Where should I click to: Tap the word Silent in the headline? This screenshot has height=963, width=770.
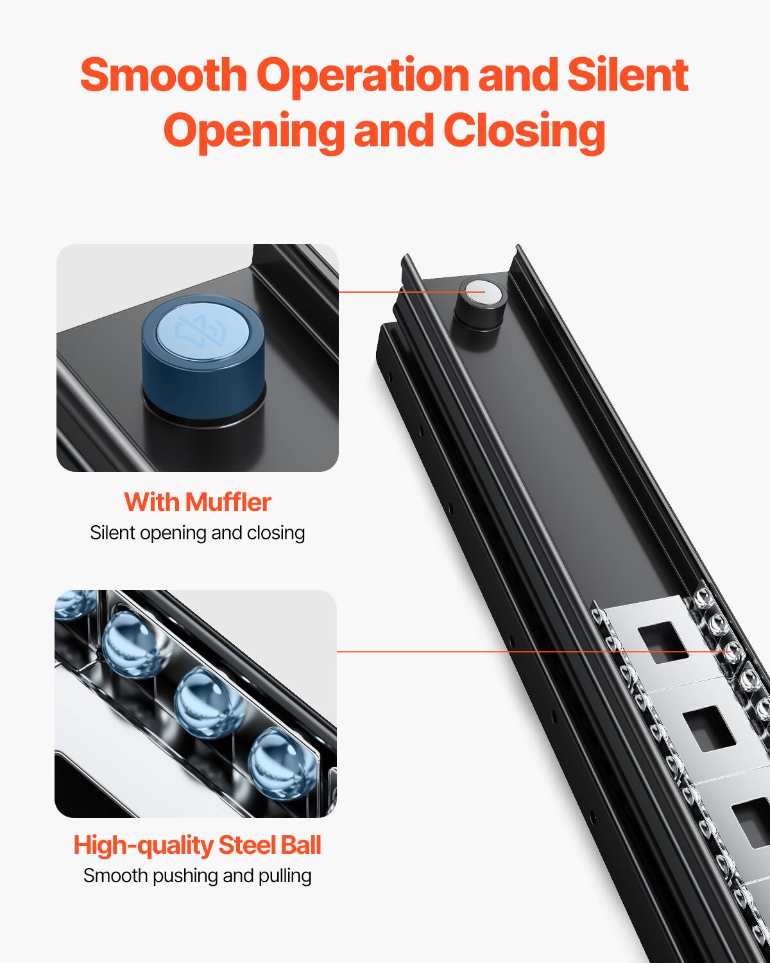click(x=627, y=75)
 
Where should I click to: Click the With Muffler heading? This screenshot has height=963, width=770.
click(x=197, y=502)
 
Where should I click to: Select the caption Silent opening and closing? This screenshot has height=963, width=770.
click(x=197, y=533)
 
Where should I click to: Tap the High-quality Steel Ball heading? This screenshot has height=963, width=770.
click(x=197, y=846)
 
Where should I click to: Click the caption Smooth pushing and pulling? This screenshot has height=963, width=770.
click(x=197, y=876)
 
